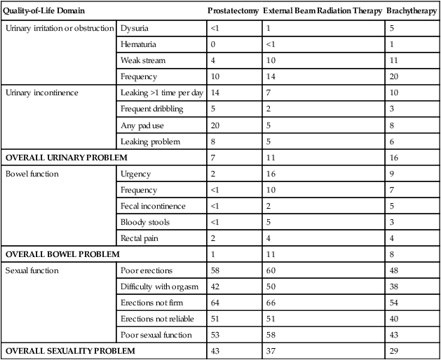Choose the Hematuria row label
137,44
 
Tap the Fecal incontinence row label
152,206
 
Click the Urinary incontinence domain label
40,93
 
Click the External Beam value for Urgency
270,174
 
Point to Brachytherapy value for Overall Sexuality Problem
393,351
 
